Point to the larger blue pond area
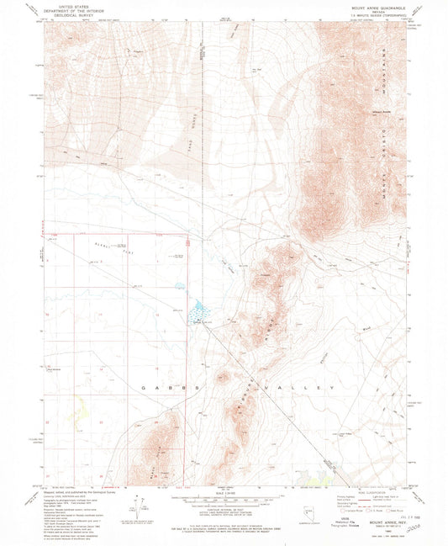(x=199, y=309)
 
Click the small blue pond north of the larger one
(x=178, y=285)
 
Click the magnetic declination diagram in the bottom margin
(x=134, y=512)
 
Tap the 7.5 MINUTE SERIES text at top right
(x=380, y=16)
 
